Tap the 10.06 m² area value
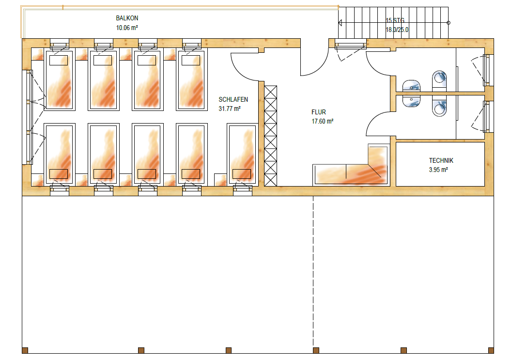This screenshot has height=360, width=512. pos(127,28)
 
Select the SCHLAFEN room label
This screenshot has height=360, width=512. pos(233,99)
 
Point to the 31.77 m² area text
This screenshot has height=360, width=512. pos(230,109)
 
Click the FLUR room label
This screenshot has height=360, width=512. pos(319,112)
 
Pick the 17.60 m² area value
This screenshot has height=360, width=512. pos(322,122)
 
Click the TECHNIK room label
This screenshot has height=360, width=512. pos(441,160)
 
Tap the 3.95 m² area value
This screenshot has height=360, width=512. pos(438,170)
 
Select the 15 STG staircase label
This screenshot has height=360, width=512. pos(395,20)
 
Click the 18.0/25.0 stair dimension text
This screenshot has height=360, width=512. pos(397,30)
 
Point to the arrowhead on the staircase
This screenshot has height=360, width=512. pos(341,22)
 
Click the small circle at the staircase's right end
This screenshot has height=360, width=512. pos(449,22)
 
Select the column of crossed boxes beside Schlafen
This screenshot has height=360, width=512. pos(270,135)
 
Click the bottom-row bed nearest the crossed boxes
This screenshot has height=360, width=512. pos(243,154)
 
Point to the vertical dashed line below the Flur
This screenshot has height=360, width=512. pos(313,271)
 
